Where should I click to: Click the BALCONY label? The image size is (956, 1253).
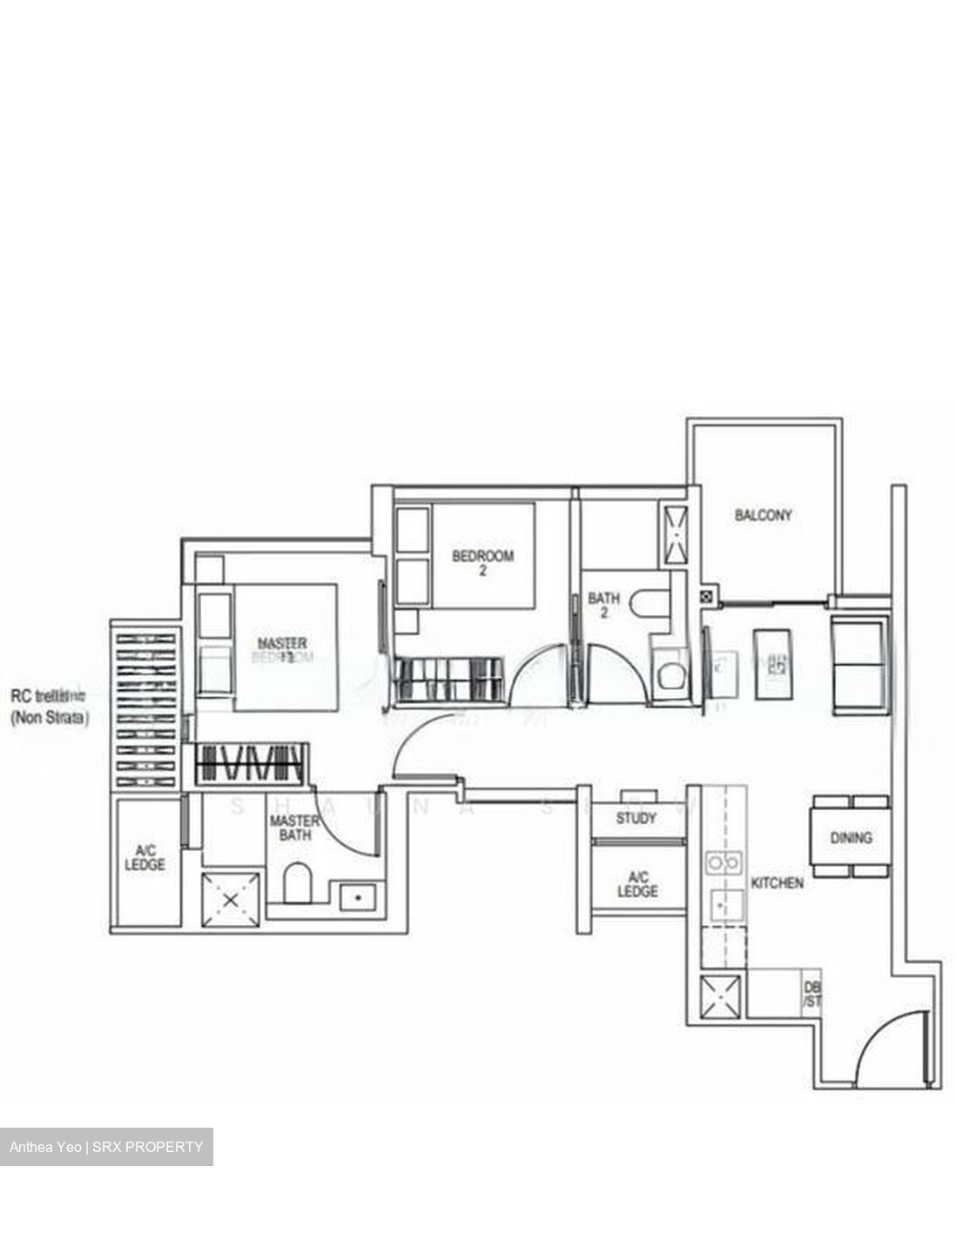pos(763,515)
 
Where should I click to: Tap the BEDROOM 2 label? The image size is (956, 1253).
pos(482,563)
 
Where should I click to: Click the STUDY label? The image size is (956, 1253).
pos(636,819)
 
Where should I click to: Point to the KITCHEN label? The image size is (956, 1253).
pos(777,882)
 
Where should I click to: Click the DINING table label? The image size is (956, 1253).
pos(851,838)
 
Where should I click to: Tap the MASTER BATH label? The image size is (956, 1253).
pos(294,828)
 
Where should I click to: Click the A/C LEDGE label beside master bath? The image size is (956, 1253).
pos(145,857)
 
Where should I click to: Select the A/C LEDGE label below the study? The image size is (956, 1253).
pos(637,885)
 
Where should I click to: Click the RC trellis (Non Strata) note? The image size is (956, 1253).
pos(50,707)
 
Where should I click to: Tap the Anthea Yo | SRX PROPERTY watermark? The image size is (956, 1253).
pos(106,1147)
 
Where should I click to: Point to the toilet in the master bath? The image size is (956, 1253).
pos(297,882)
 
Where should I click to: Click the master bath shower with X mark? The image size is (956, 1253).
pos(230,901)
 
